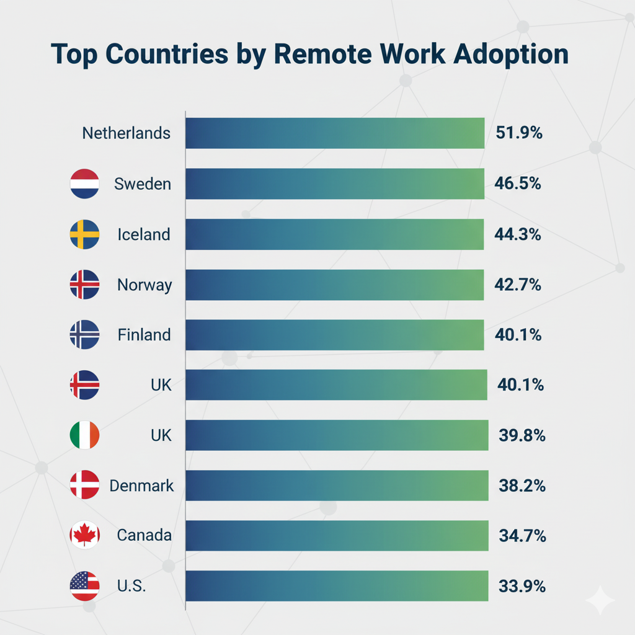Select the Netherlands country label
(x=126, y=133)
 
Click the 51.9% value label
(x=519, y=133)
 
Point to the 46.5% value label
(x=519, y=184)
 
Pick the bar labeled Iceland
(x=335, y=234)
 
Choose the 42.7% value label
(x=519, y=285)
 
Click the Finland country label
(x=144, y=335)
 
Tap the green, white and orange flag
(x=84, y=435)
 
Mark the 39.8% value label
(x=522, y=436)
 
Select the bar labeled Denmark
(x=336, y=486)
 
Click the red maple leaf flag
(x=84, y=535)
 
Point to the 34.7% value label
(x=522, y=536)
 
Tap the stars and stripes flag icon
(x=84, y=586)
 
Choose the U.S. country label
(x=131, y=586)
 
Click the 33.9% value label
(x=522, y=586)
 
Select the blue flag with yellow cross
(x=84, y=234)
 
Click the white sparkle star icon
(x=600, y=600)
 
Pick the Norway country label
(x=144, y=285)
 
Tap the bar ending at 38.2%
(x=336, y=486)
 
